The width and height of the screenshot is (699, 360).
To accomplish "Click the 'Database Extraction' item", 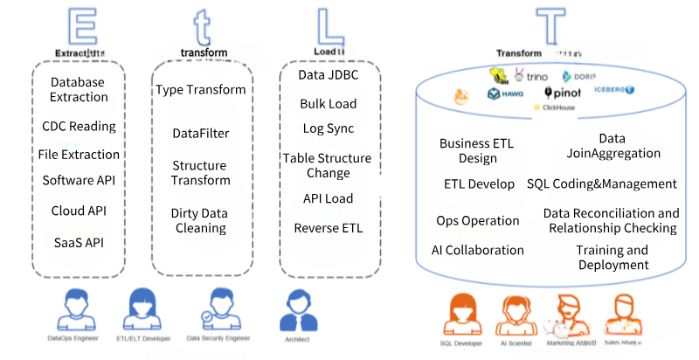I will pos(78,89).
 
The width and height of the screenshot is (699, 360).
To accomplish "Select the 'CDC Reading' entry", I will pos(79,126).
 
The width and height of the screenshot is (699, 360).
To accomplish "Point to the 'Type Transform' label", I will pos(201,89).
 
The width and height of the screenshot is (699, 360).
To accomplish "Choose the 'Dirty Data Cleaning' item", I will pos(199,220).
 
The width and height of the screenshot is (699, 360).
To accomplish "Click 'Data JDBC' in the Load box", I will pos(329,76).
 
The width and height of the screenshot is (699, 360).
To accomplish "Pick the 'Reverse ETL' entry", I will pos(329,229).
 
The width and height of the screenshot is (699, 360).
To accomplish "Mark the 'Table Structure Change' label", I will pos(327,165).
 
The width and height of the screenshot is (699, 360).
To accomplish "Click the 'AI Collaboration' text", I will pos(478,250).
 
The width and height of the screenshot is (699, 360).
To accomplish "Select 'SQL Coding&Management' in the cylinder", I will pos(602,183).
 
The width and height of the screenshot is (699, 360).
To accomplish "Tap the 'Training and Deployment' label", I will pos(612,258).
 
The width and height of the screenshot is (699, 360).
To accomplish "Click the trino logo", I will pos(530,76).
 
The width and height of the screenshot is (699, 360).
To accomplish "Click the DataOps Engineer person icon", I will pos(73,310).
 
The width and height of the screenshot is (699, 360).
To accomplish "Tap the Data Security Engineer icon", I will pos(217,310).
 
